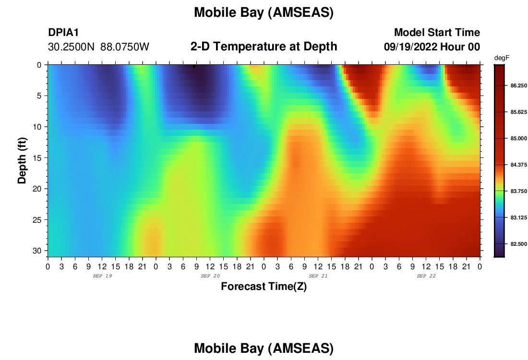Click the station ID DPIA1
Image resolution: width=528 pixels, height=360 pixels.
tap(63, 32)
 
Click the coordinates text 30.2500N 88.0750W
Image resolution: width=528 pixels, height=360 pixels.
tap(98, 47)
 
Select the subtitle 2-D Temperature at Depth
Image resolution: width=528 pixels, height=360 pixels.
tap(264, 47)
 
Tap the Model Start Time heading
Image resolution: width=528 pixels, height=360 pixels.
tap(437, 32)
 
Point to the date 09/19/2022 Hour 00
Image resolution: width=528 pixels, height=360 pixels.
tap(432, 47)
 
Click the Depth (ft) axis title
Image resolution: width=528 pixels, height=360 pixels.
tap(22, 160)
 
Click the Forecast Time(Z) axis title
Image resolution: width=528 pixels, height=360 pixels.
tap(264, 286)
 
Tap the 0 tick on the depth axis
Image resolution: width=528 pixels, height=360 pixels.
tap(39, 65)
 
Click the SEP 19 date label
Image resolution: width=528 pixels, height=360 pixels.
tap(102, 276)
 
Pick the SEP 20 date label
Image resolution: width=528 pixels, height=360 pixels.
tap(210, 276)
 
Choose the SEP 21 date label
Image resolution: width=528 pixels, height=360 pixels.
tap(318, 276)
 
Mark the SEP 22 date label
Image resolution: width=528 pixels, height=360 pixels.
tap(426, 276)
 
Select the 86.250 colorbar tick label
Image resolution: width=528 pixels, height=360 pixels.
tap(518, 86)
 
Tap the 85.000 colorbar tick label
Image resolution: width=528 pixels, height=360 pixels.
tap(518, 138)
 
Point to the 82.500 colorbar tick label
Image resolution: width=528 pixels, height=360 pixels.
tap(518, 244)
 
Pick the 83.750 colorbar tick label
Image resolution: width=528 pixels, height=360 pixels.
tap(518, 192)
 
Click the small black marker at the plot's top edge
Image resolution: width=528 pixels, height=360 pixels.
tap(194, 66)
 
